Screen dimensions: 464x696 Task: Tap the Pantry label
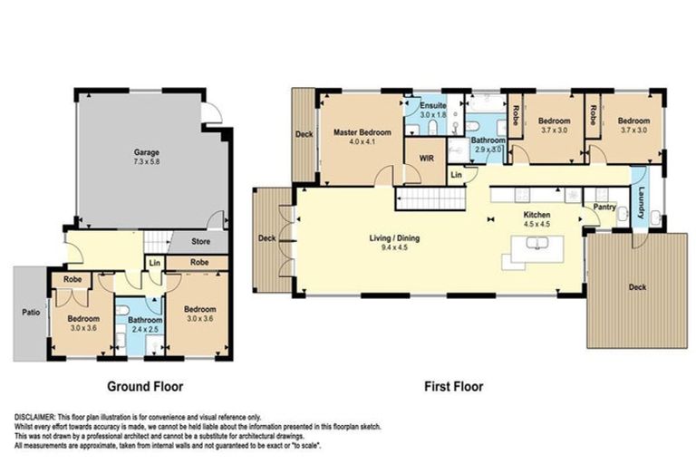[x=604, y=207]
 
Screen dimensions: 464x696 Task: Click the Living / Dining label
[x=393, y=238]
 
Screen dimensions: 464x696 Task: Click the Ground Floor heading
[x=145, y=386]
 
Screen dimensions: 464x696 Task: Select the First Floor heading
[x=453, y=386]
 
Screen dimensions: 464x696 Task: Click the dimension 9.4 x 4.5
[x=393, y=247]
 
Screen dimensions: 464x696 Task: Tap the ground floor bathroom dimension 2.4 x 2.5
[x=144, y=330]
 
